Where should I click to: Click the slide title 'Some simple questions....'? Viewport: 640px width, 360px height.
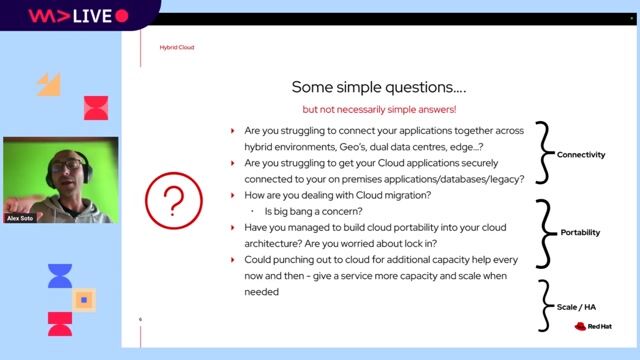tap(378, 87)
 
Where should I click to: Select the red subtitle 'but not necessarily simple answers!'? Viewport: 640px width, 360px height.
tap(378, 108)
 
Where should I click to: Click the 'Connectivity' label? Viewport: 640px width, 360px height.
tap(581, 155)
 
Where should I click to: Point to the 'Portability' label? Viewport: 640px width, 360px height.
tap(580, 232)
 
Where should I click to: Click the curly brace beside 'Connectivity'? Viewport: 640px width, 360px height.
tap(544, 153)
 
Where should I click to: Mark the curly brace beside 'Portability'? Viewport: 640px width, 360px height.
tap(544, 231)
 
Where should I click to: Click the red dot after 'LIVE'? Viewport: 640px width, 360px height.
tap(122, 16)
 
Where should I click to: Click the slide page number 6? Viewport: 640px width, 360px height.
tap(141, 320)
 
